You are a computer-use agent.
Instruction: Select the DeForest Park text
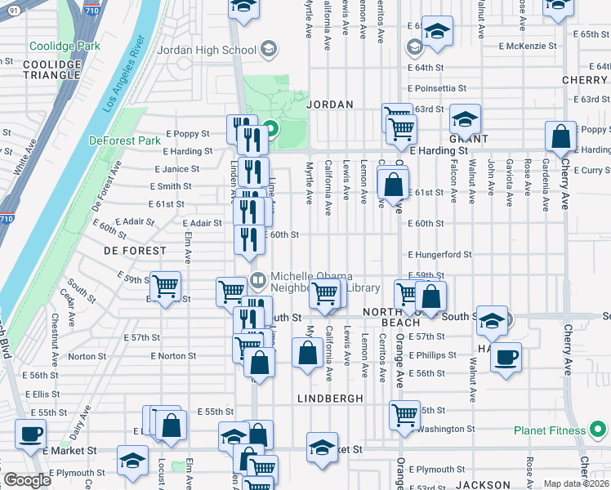pyautogui.click(x=125, y=140)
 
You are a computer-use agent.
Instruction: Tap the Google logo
pyautogui.click(x=27, y=480)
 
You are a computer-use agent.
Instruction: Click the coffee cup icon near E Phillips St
pyautogui.click(x=506, y=356)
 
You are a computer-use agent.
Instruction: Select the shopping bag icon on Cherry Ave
pyautogui.click(x=561, y=137)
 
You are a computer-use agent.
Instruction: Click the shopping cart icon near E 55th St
pyautogui.click(x=404, y=414)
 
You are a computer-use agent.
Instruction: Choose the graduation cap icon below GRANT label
pyautogui.click(x=465, y=119)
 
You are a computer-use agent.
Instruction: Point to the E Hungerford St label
pyautogui.click(x=439, y=255)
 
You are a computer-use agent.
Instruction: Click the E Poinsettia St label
pyautogui.click(x=436, y=88)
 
